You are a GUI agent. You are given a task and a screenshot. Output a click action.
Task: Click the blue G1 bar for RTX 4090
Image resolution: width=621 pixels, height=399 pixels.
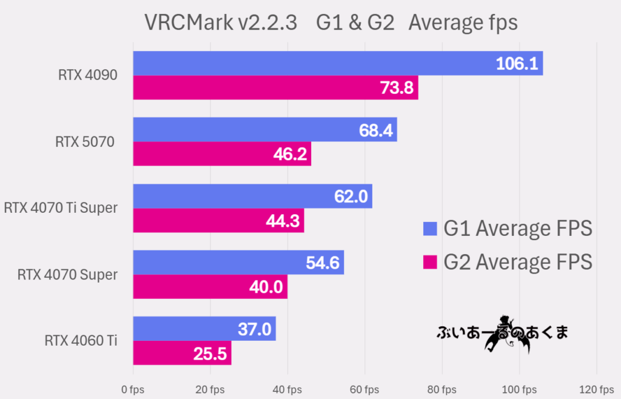tap(303, 63)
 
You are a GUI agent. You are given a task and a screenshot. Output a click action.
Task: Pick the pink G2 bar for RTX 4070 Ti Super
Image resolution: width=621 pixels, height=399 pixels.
tap(200, 221)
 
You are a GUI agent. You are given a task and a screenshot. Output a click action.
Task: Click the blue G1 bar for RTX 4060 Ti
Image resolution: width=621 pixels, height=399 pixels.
tap(182, 328)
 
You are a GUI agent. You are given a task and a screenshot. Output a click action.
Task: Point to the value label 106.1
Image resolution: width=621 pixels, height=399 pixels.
tap(517, 63)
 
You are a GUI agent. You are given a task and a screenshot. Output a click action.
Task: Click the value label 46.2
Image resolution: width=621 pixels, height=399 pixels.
tap(290, 154)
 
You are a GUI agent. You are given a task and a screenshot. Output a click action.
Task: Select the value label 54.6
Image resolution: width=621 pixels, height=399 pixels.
tap(323, 263)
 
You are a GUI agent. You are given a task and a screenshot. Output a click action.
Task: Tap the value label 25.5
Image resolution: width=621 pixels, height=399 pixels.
tap(210, 353)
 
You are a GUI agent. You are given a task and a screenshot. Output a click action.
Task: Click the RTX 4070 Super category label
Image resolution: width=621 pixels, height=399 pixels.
tap(67, 275)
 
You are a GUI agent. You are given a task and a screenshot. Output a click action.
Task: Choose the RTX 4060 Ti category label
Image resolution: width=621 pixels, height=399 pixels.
tap(81, 340)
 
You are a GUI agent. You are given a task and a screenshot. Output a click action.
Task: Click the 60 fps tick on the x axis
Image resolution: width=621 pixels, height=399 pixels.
tap(364, 389)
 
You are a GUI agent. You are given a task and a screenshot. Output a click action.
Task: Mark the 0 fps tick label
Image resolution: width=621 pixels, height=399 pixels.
tap(133, 389)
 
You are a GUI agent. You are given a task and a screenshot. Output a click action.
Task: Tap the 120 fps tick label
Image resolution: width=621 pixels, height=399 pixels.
tap(597, 389)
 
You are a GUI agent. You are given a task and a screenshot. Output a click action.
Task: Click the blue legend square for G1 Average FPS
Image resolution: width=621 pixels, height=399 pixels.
tap(430, 229)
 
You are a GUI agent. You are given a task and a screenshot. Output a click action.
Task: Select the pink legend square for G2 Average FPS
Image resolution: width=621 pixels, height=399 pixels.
tap(430, 262)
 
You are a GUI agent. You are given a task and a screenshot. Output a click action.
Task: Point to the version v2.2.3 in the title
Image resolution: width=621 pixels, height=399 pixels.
tap(268, 22)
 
